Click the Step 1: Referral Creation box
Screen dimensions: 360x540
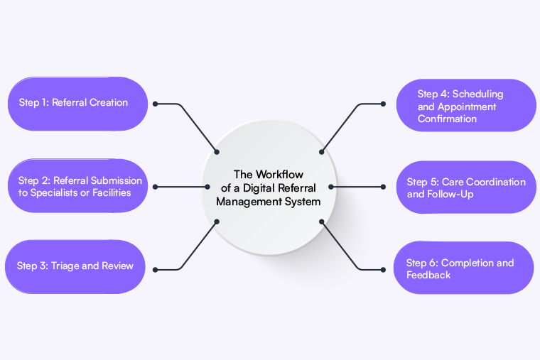(x=77, y=104)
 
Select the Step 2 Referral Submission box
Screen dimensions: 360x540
(x=77, y=186)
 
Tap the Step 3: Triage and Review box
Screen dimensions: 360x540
(x=77, y=267)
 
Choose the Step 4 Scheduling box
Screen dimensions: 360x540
(x=465, y=106)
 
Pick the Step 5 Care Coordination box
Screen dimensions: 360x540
(x=465, y=187)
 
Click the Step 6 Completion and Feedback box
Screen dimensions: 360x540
(x=463, y=268)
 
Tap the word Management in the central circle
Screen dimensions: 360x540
(x=248, y=202)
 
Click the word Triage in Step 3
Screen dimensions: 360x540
(x=66, y=266)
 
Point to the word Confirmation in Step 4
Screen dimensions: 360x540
(x=447, y=119)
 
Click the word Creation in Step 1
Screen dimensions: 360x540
(x=109, y=103)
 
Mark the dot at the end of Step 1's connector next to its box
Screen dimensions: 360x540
(x=155, y=104)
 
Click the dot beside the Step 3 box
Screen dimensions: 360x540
(x=155, y=269)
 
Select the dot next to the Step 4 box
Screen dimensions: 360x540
(x=383, y=104)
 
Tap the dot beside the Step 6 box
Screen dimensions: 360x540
(x=383, y=269)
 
